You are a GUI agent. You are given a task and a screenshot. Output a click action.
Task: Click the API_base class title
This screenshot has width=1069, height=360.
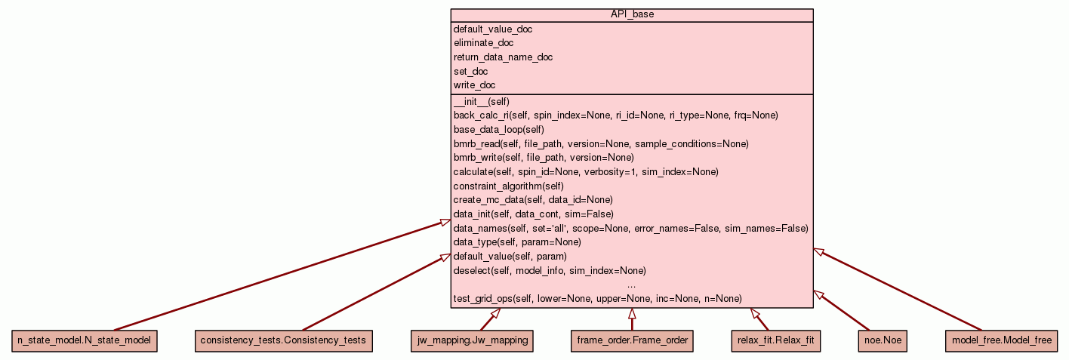click(x=631, y=15)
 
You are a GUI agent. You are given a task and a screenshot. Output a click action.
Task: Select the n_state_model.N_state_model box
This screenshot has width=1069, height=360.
click(x=84, y=341)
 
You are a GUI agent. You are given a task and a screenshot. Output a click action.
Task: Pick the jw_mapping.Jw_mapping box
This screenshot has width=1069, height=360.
click(x=472, y=341)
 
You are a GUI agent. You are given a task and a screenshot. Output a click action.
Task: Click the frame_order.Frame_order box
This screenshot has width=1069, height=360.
click(x=632, y=341)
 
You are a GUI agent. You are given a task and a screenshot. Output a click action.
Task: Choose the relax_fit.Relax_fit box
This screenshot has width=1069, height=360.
click(x=775, y=341)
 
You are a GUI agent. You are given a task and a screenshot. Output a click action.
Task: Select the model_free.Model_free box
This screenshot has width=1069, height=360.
click(x=1001, y=341)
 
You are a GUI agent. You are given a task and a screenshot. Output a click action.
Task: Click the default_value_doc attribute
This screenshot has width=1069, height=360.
click(x=492, y=29)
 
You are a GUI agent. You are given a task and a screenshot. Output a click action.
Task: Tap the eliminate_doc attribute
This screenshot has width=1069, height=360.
click(x=483, y=43)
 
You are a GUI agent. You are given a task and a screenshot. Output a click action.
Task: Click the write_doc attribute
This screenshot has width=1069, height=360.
click(x=474, y=85)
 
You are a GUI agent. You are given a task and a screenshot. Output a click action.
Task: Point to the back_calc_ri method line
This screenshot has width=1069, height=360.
click(x=615, y=115)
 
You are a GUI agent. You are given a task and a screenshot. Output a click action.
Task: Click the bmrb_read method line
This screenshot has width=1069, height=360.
click(x=601, y=143)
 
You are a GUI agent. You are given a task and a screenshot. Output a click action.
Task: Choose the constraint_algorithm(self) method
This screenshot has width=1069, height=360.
click(x=509, y=186)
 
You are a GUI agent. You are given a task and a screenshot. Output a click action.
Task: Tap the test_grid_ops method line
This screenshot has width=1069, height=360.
click(x=597, y=299)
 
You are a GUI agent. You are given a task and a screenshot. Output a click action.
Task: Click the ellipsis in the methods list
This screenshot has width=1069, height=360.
click(x=631, y=285)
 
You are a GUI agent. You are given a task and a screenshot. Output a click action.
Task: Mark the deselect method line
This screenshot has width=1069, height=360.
click(x=550, y=270)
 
